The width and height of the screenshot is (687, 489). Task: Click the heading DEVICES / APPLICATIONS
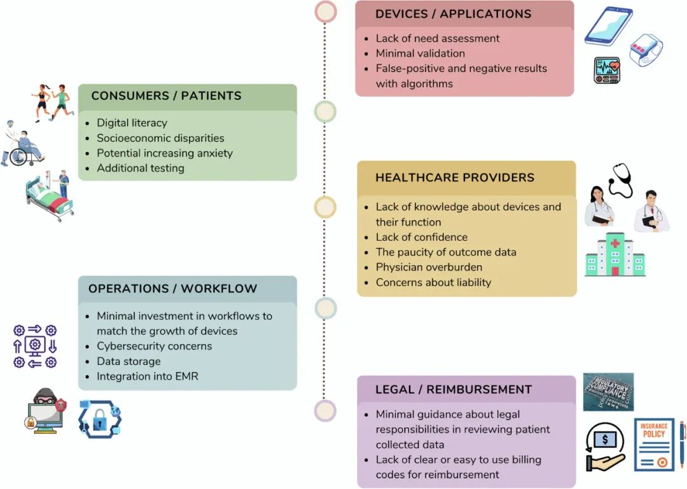(453, 14)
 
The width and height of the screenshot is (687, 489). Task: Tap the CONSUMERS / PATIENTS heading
(166, 95)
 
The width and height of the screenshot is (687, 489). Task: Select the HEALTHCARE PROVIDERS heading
(455, 177)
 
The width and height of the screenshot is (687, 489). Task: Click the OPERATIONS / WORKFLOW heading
(172, 289)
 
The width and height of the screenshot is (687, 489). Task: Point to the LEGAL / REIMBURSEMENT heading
(454, 390)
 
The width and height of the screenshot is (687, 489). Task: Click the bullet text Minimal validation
(420, 53)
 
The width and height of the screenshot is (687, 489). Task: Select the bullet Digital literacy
(132, 123)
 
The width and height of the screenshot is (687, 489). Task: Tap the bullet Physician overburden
(429, 267)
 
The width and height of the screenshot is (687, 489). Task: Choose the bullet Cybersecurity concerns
(154, 346)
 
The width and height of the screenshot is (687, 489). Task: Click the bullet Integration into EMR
(148, 376)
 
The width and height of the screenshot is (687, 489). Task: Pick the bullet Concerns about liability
(433, 282)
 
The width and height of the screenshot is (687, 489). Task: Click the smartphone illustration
(609, 26)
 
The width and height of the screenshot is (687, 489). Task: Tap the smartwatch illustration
(646, 50)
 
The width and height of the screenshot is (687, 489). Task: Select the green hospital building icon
(615, 254)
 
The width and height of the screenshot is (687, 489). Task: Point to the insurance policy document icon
(654, 444)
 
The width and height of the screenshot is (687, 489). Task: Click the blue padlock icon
(100, 420)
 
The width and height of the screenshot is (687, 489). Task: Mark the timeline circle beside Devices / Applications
(326, 12)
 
